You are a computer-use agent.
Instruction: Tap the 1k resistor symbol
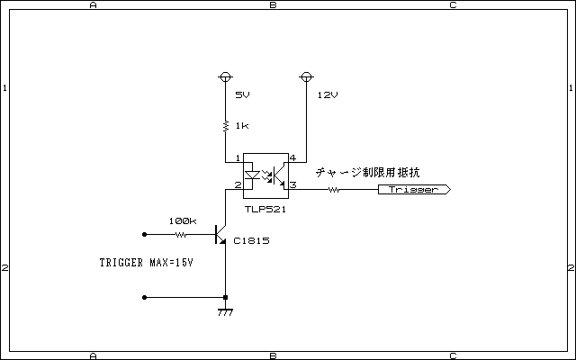226,126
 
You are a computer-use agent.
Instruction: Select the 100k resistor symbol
181,234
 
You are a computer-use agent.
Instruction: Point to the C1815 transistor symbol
220,234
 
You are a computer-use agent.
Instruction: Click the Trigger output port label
414,190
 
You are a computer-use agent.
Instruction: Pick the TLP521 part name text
265,210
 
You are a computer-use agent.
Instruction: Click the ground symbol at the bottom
225,312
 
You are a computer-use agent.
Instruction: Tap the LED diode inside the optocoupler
252,175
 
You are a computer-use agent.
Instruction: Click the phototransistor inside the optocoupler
281,175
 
